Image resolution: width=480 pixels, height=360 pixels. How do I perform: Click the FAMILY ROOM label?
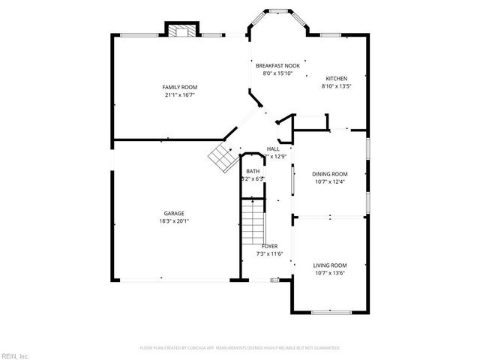coord(174,88)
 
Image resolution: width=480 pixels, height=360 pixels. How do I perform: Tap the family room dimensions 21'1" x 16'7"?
coord(174,95)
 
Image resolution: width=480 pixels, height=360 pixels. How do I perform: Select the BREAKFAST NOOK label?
coord(277,66)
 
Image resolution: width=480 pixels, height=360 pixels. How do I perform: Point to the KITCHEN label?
coord(335,79)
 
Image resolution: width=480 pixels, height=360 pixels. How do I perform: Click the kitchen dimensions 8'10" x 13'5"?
coord(335,86)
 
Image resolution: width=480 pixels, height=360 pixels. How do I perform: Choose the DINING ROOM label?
coord(329,174)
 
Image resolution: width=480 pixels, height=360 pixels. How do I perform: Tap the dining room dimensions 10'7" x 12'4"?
coord(329,181)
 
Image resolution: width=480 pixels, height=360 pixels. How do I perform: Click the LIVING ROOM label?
coord(329,265)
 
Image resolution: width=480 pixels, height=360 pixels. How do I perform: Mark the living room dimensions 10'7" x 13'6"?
coord(329,273)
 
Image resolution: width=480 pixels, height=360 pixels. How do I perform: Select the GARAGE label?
coord(174,213)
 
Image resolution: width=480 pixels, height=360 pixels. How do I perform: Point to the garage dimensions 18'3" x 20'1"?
coord(174,220)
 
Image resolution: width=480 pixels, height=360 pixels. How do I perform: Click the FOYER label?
coord(270,246)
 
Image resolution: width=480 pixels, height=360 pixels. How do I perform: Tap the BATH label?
coord(253,171)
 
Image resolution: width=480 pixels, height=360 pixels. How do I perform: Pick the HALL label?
coord(273,149)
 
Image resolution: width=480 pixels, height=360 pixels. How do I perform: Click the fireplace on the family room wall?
coord(180,31)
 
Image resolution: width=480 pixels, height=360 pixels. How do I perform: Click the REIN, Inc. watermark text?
coord(15,355)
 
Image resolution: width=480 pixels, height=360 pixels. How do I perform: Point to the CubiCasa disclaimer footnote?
coord(240,348)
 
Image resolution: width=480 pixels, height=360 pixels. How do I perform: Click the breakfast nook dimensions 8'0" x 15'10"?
coord(277,73)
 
